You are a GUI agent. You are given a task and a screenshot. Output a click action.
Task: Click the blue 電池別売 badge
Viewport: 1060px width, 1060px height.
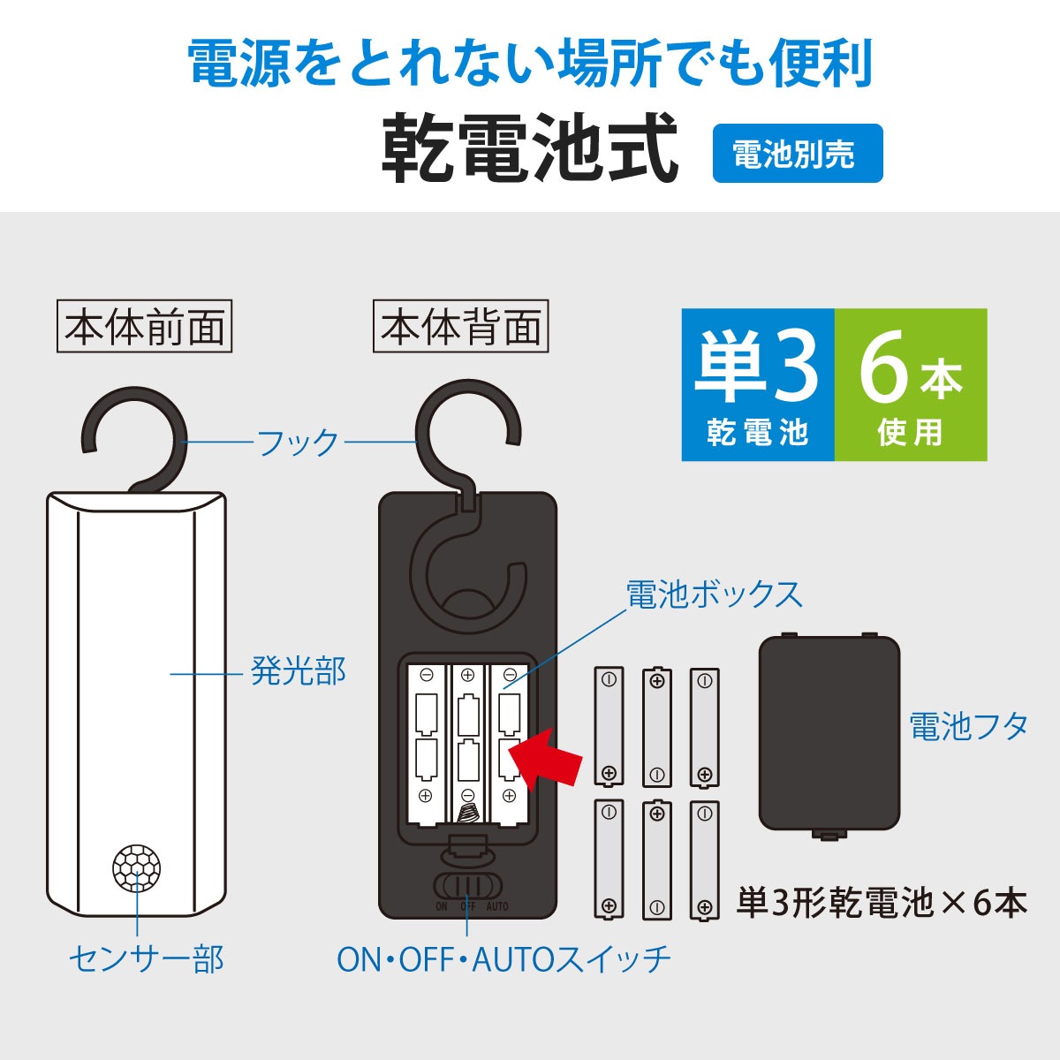[797, 154]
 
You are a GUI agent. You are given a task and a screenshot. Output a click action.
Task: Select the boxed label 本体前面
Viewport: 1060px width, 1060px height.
[144, 328]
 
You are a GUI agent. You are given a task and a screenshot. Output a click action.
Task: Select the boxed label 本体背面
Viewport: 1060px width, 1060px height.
[460, 328]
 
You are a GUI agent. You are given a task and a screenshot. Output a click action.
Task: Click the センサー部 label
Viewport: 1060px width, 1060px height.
[147, 958]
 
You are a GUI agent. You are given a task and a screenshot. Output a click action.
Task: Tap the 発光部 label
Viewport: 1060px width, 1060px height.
[298, 672]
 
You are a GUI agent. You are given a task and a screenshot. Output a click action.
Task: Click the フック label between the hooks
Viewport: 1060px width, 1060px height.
[298, 441]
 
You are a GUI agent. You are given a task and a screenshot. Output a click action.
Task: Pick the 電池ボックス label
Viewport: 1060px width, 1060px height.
[714, 594]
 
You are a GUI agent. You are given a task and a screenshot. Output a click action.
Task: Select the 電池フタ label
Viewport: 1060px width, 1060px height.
[969, 727]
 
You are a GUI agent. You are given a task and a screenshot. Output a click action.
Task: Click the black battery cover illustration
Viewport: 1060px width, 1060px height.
[829, 734]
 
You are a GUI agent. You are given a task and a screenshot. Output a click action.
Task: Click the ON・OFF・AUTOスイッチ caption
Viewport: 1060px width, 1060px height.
[504, 958]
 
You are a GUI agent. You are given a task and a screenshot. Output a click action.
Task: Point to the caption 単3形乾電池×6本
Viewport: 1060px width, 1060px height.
[882, 904]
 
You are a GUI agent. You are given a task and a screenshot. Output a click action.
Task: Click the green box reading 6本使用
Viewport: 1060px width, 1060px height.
[910, 385]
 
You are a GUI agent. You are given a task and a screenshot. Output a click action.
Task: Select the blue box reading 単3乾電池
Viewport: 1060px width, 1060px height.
[758, 385]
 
